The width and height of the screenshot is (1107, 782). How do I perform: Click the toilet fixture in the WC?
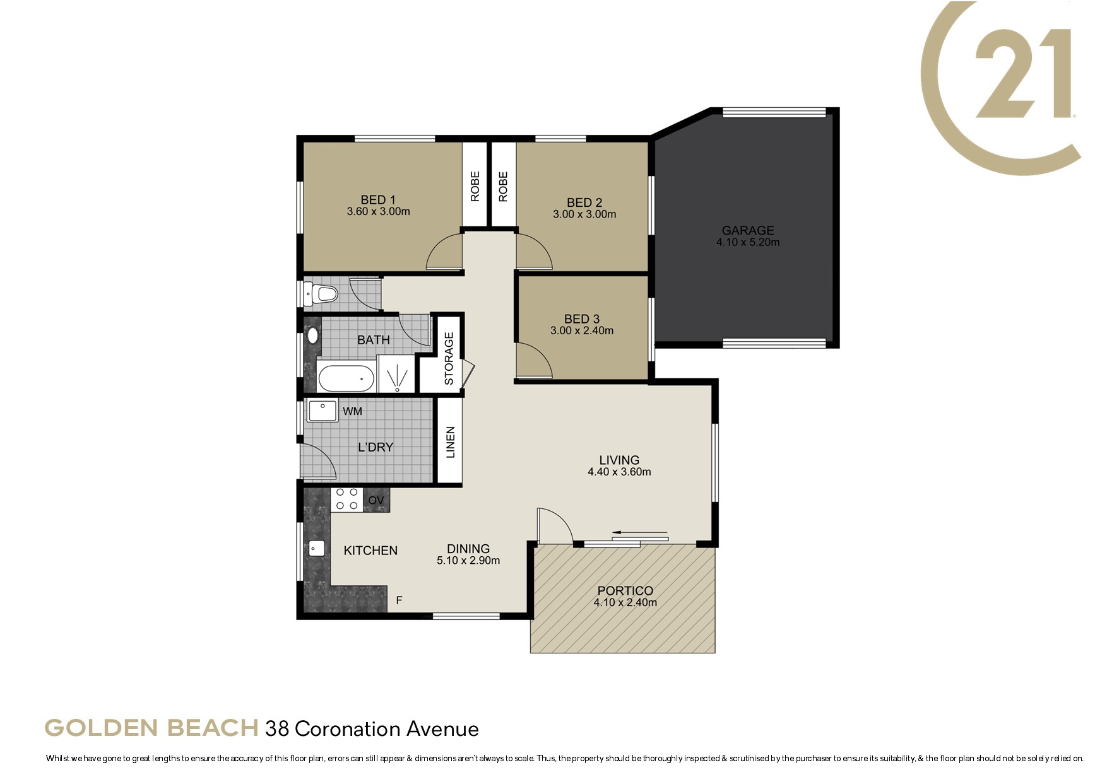321,294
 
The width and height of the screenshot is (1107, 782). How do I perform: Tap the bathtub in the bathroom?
346,378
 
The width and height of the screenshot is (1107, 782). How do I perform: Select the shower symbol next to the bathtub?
396,374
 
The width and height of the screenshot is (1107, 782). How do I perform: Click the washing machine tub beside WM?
323,410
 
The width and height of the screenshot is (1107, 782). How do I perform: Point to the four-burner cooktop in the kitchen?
346,499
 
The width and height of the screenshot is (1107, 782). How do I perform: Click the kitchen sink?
316,548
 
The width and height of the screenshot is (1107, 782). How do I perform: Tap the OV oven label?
376,500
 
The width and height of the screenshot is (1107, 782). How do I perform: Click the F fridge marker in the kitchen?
399,600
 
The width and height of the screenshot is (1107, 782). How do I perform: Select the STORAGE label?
449,358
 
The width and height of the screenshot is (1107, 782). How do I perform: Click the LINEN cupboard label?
450,443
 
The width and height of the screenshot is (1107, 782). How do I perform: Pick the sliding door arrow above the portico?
639,532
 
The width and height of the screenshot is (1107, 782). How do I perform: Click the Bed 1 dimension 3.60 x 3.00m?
378,212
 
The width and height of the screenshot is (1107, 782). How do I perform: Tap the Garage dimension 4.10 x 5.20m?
748,242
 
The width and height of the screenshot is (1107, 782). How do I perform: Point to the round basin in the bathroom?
312,335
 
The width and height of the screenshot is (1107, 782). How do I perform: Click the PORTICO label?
625,591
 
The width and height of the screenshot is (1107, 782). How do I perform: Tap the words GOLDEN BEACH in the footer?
151,728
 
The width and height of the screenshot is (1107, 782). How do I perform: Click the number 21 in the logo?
1023,73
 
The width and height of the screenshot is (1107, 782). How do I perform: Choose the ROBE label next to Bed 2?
503,187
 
